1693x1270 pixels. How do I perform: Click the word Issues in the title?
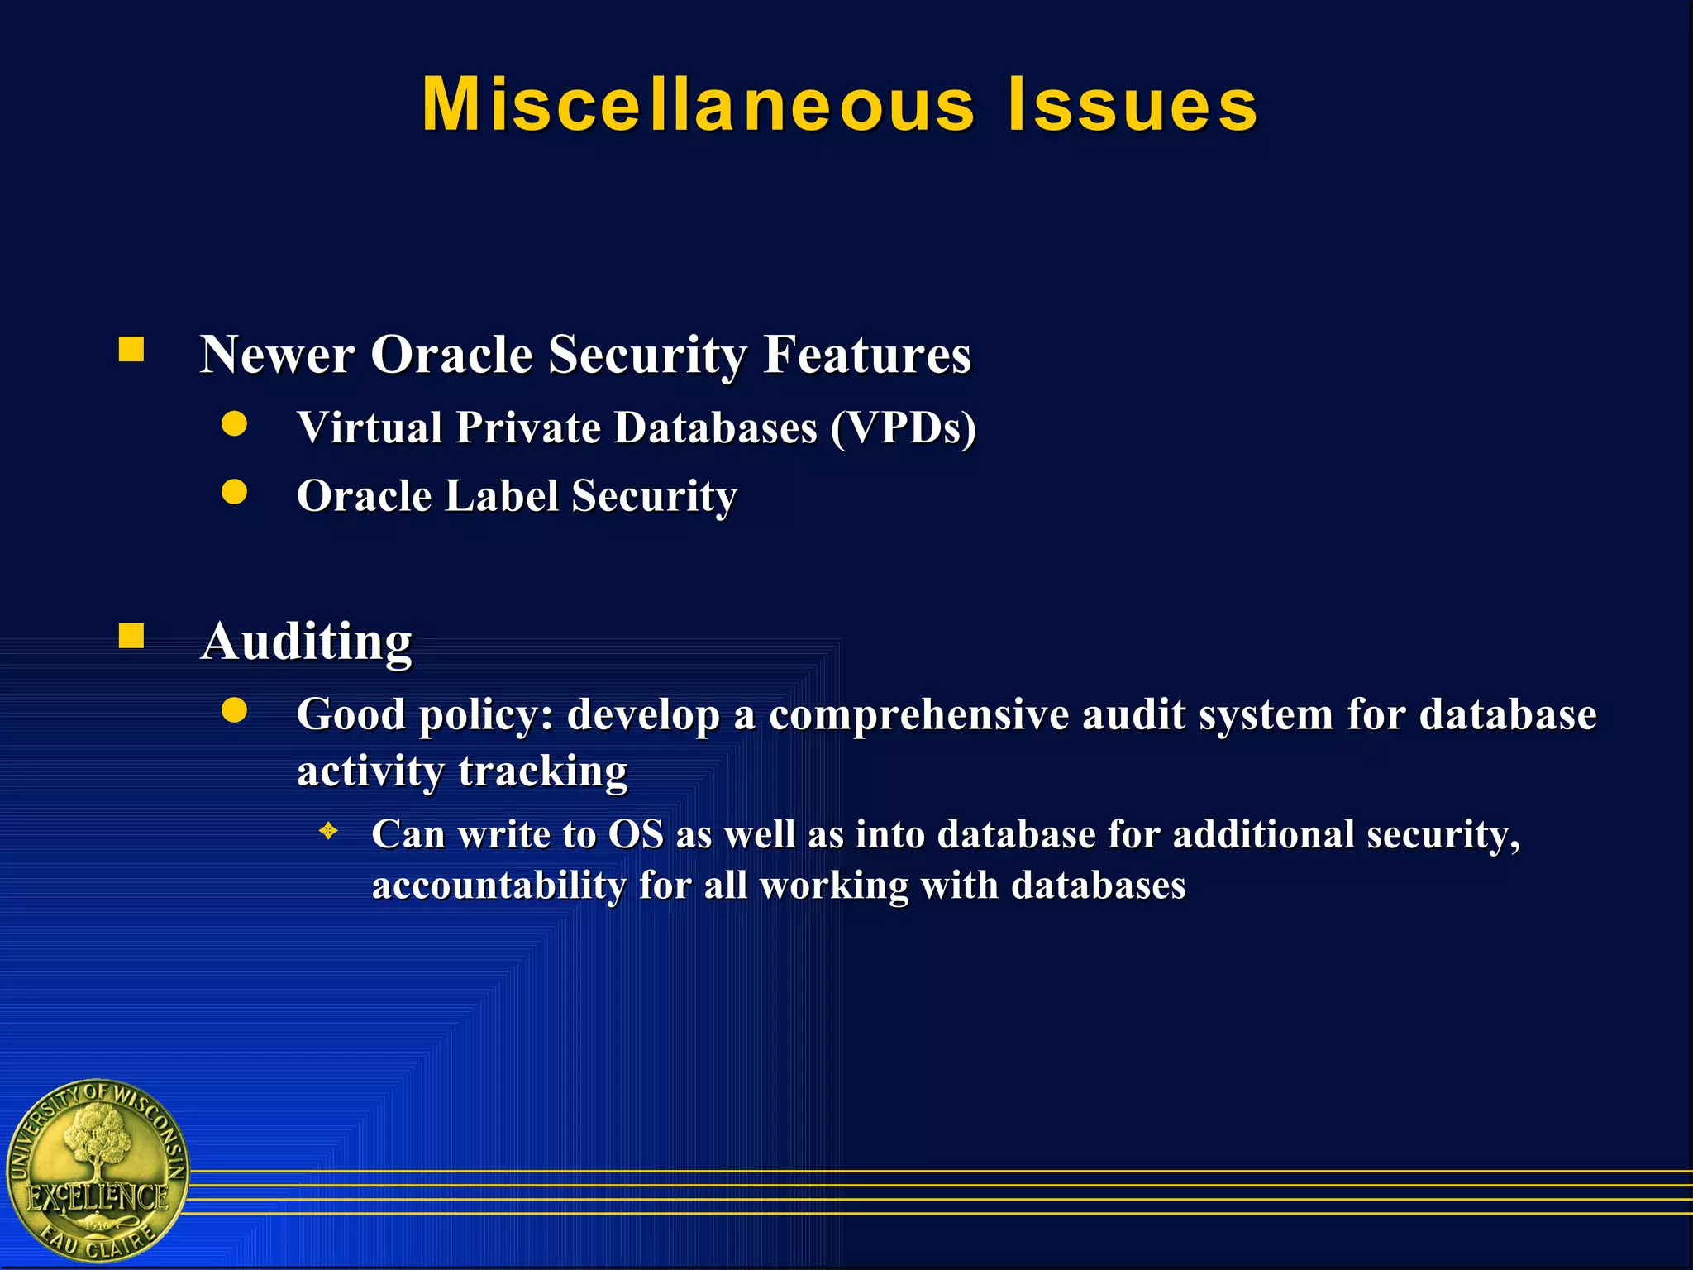[x=1133, y=105]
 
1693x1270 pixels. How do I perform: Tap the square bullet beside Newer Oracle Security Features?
[x=131, y=350]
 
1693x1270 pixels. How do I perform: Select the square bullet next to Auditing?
[x=131, y=636]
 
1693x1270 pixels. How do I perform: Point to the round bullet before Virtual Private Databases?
[x=235, y=424]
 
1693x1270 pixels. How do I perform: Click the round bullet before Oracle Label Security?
[x=235, y=492]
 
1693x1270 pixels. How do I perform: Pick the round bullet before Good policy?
[x=235, y=710]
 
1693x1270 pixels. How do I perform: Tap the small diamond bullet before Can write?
[x=328, y=831]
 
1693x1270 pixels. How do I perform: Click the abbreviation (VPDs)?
[x=904, y=428]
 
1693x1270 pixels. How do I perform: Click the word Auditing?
[x=307, y=642]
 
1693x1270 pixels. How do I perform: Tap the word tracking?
[x=543, y=771]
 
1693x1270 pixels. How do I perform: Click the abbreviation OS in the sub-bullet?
[x=636, y=834]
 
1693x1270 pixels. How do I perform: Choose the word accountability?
[x=498, y=886]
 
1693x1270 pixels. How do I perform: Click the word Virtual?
[x=370, y=428]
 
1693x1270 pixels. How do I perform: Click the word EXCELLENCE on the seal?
[x=98, y=1197]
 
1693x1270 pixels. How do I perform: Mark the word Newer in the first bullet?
[x=277, y=355]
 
